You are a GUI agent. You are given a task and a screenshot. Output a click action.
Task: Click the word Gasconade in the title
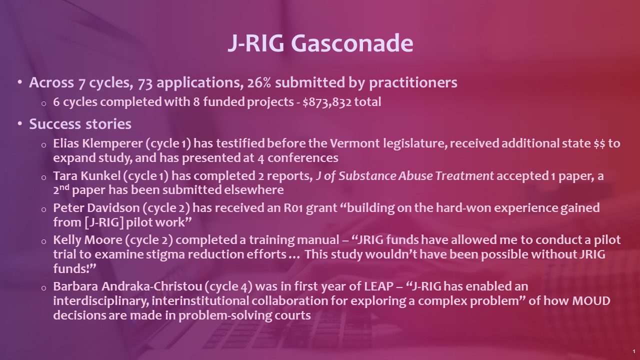click(352, 43)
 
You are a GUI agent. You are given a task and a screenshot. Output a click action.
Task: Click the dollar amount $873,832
click(327, 102)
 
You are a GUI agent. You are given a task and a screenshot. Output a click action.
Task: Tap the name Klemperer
click(112, 143)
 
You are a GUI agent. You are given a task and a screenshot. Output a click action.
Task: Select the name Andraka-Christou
click(151, 286)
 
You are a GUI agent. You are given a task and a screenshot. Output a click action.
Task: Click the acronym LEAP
click(379, 286)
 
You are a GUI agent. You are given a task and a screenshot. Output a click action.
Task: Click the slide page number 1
click(634, 351)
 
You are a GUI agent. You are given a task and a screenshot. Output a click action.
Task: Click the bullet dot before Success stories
click(19, 123)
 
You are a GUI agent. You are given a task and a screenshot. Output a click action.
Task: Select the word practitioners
click(413, 82)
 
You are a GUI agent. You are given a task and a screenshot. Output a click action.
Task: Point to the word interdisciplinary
click(101, 301)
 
